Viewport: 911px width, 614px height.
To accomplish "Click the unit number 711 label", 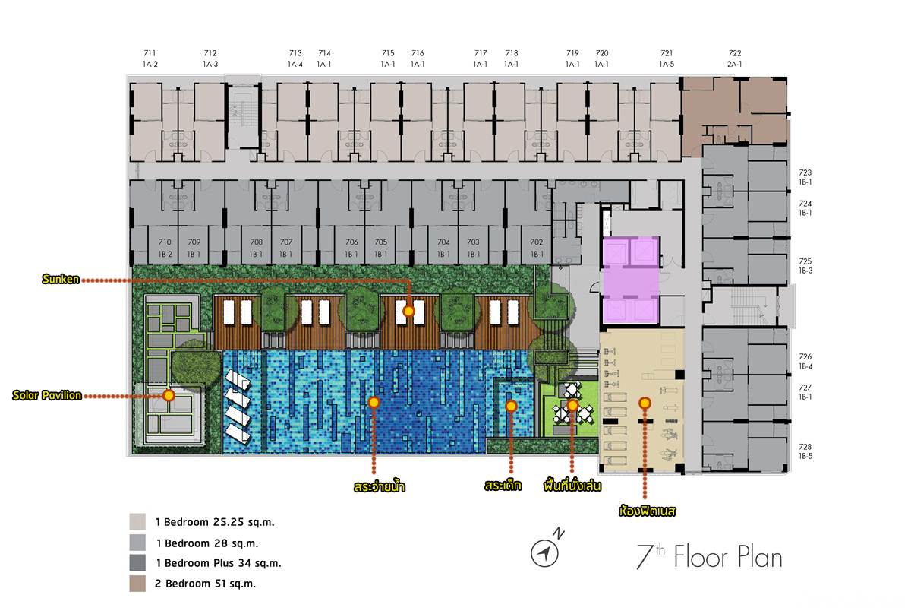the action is (x=150, y=53).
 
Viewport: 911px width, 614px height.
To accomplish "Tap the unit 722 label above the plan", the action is (x=735, y=53).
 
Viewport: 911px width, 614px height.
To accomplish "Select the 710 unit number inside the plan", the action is (x=165, y=242).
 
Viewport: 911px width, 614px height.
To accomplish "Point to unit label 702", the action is (x=537, y=242).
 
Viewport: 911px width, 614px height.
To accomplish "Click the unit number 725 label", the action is (x=805, y=261).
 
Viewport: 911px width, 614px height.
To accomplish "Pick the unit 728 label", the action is (x=805, y=447).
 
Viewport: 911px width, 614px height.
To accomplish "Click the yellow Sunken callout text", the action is (x=61, y=280).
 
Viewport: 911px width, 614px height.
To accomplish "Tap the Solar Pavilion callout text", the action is (x=47, y=395).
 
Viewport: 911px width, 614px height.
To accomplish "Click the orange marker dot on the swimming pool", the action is (x=374, y=403).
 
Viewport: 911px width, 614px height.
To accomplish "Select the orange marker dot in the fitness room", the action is (x=645, y=404).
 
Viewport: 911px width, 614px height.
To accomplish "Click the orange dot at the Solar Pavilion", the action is (x=169, y=395).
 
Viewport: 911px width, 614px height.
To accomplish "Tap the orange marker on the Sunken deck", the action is (x=408, y=312).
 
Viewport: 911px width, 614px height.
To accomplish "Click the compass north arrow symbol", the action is (x=545, y=553).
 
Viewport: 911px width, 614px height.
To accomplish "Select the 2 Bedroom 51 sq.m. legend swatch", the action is (x=137, y=584).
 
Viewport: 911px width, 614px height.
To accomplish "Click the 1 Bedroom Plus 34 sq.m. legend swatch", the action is (x=137, y=562).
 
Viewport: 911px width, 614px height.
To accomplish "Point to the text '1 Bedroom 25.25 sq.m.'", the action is (x=215, y=522).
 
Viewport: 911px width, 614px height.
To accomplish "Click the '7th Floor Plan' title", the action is (x=709, y=556).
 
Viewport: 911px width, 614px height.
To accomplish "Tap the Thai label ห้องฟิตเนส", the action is (x=647, y=511).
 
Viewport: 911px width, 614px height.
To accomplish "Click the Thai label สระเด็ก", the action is (x=503, y=486).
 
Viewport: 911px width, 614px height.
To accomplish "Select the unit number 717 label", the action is (x=481, y=53).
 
